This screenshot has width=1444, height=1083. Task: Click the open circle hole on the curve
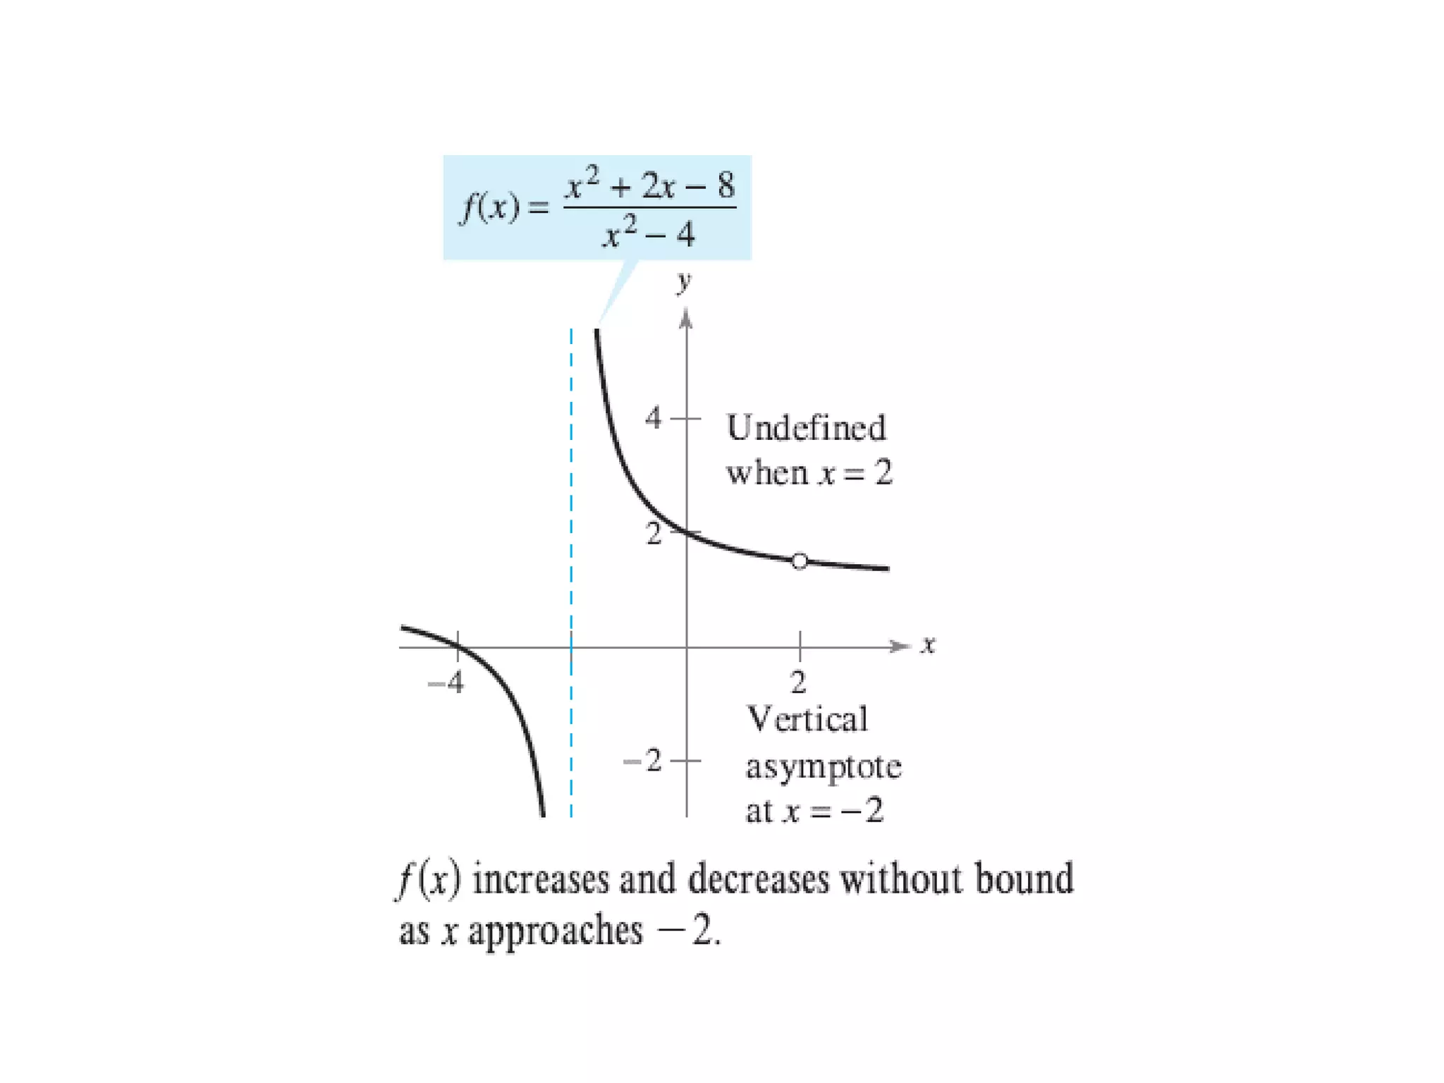(800, 561)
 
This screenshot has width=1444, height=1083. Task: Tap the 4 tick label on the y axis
(654, 418)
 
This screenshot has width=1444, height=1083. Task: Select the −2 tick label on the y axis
(643, 761)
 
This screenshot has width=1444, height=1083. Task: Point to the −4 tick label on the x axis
(446, 683)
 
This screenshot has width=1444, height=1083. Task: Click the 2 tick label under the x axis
(798, 683)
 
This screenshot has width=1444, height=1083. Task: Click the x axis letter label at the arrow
(928, 644)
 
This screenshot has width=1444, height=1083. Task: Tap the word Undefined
(806, 428)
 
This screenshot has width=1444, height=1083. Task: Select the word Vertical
(807, 720)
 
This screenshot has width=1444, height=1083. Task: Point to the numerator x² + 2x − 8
(650, 184)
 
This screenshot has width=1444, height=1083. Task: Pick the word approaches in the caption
(556, 931)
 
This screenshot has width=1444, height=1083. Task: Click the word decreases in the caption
(758, 879)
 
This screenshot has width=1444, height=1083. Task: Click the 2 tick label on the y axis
(654, 534)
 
